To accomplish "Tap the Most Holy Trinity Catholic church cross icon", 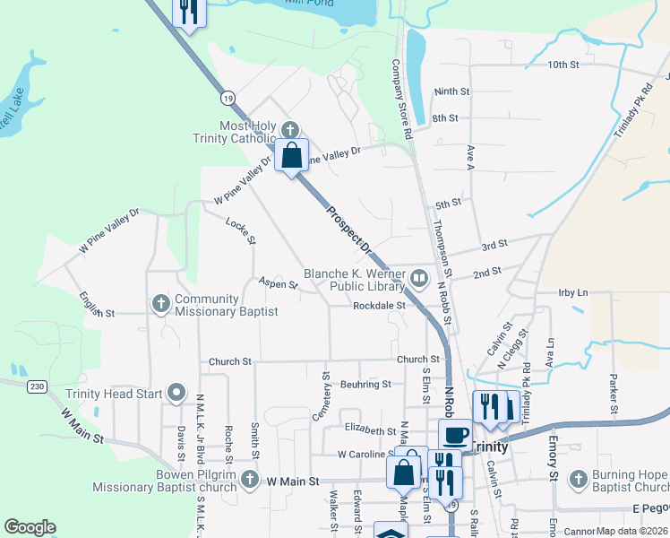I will point(288,129).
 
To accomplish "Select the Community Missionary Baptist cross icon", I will point(161,302).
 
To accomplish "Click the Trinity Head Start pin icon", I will point(176,394).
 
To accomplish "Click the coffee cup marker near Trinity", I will point(456,435).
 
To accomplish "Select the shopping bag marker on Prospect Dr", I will point(292,156).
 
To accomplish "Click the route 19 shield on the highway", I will point(229,97).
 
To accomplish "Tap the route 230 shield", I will point(36,386).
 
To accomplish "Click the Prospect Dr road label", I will point(348,228).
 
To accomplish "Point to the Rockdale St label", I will point(380,306).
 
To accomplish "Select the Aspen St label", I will point(279,284).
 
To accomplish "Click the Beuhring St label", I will point(365,384).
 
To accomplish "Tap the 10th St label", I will point(564,65).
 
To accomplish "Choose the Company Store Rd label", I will point(400,99).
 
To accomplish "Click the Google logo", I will point(30,527).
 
